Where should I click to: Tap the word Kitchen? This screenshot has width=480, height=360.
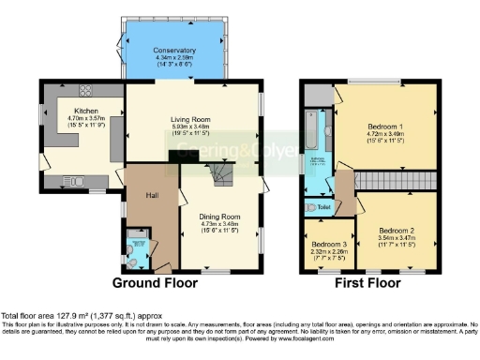[x=74, y=110]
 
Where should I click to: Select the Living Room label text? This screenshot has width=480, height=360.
[x=192, y=119]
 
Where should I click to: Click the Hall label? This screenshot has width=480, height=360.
[x=150, y=195]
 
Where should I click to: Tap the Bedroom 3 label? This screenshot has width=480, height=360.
[x=330, y=245]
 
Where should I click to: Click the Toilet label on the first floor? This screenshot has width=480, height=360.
[x=324, y=207]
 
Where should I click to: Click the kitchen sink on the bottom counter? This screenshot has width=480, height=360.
[x=75, y=181]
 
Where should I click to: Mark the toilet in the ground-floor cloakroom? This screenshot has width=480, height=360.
[x=138, y=254]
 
